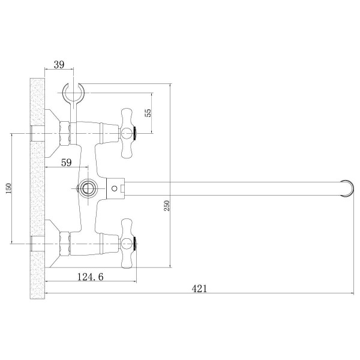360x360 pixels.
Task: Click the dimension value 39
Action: coord(59,65)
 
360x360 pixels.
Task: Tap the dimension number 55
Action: coord(148,113)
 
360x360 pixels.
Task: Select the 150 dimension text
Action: coord(8,188)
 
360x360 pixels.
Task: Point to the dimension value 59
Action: coord(67,163)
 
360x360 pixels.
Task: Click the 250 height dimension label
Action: coord(167,206)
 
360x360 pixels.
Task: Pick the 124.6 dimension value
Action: coord(90,277)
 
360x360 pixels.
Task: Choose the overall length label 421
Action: coord(199,289)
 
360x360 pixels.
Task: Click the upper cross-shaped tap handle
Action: coord(127,133)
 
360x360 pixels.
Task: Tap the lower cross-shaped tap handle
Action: coord(127,244)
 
